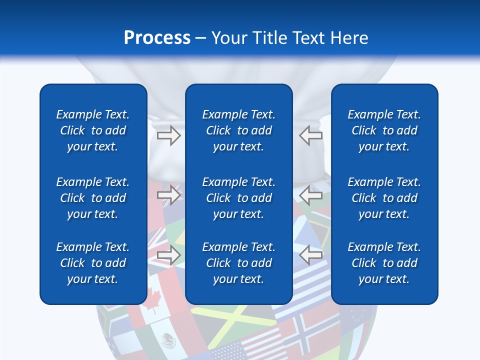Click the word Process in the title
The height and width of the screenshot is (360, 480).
[x=157, y=38]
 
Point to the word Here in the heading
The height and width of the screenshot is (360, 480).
[x=348, y=38]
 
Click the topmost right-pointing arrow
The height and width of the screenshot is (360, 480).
[x=168, y=135]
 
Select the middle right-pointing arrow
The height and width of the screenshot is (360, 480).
[x=168, y=195]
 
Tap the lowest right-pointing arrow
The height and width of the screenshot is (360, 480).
[x=168, y=255]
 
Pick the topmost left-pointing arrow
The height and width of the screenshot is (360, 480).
[x=311, y=135]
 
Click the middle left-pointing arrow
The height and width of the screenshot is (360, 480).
[x=311, y=195]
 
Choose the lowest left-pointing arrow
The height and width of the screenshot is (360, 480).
[x=311, y=255]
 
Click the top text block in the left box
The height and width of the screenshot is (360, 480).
[x=93, y=130]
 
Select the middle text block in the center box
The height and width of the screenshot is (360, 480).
[x=239, y=198]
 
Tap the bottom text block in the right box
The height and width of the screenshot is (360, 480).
[x=384, y=263]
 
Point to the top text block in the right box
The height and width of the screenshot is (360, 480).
[x=384, y=130]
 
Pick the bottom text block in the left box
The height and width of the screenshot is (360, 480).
[x=93, y=263]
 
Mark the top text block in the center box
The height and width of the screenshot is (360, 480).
[x=239, y=130]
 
